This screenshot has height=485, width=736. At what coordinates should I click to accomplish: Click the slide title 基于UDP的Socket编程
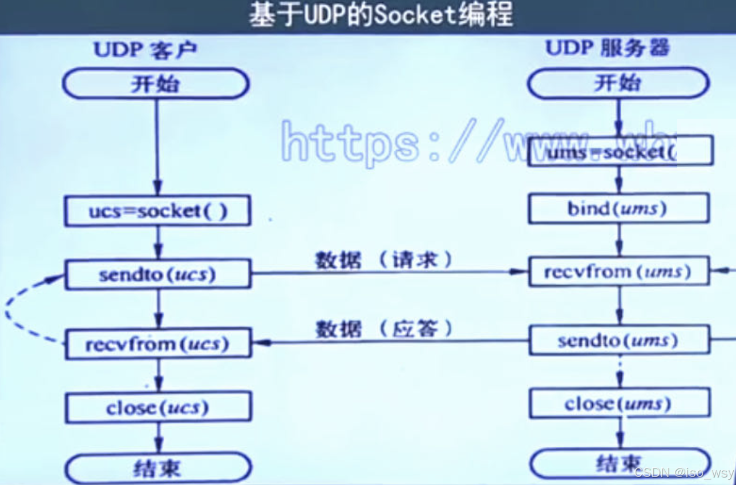click(381, 15)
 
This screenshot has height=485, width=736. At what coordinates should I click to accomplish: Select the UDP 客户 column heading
click(145, 50)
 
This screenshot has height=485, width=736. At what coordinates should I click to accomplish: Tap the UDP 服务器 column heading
click(607, 48)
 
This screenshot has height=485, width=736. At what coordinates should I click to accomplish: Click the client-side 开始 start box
click(155, 84)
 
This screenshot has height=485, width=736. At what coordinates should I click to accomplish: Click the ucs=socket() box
click(157, 212)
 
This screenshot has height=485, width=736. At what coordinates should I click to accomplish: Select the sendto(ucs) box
click(157, 275)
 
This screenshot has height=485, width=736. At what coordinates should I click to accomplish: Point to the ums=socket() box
click(620, 152)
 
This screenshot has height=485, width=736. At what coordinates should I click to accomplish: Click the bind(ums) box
click(619, 208)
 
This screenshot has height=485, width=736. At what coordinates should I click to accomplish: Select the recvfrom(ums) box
click(619, 272)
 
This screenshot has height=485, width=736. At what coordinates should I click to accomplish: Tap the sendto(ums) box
click(619, 341)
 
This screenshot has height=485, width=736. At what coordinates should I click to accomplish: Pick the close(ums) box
click(619, 404)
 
